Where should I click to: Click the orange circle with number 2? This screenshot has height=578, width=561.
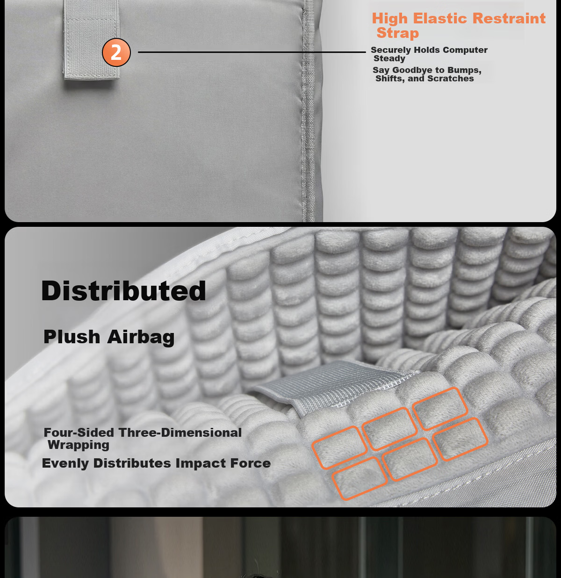click(116, 52)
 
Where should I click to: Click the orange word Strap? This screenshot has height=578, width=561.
click(398, 33)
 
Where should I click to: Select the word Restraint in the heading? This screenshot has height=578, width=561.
click(509, 18)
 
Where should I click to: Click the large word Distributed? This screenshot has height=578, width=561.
click(123, 290)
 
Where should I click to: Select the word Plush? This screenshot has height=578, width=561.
click(72, 337)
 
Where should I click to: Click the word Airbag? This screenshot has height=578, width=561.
click(141, 338)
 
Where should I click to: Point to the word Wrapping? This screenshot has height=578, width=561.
click(79, 445)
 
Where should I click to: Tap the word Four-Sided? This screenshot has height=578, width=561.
click(79, 433)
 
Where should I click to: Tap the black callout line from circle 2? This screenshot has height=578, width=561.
click(252, 52)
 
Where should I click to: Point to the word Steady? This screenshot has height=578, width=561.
click(389, 58)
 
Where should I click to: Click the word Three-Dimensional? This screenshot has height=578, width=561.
click(180, 433)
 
